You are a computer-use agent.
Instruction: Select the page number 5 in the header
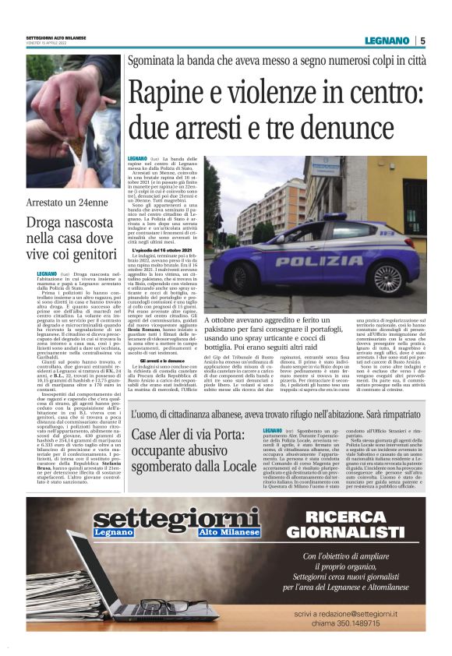(422, 41)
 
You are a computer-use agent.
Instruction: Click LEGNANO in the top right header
(389, 41)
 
